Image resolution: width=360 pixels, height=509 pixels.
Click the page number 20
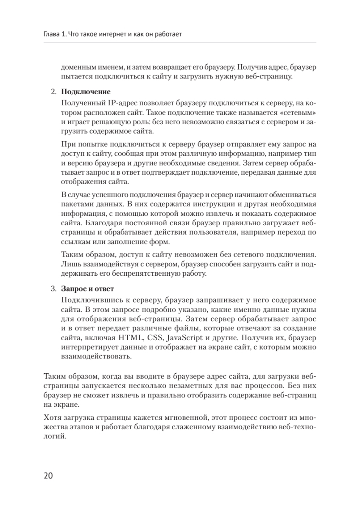47,475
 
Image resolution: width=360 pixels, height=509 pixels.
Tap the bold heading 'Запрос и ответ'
87,289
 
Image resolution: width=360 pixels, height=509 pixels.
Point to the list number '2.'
53,92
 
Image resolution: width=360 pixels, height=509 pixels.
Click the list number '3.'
53,289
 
